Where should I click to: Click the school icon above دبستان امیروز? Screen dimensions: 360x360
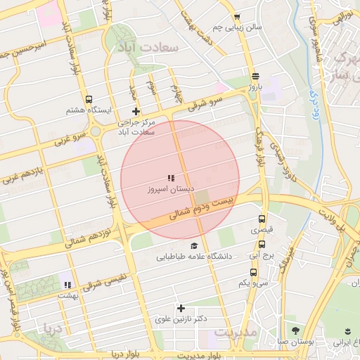170,179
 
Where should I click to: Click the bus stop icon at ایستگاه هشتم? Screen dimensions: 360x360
89,100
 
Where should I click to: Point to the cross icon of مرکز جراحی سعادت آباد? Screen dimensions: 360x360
136,112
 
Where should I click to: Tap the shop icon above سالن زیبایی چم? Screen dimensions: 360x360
237,18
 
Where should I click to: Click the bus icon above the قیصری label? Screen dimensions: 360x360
262,219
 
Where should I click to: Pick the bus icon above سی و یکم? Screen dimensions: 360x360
253,272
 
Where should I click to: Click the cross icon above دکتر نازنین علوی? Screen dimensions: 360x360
181,308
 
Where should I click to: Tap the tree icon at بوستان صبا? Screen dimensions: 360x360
295,330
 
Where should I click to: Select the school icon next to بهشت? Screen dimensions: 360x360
67,285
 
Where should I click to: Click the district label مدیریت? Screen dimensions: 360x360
236,331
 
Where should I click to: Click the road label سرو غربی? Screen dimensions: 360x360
75,137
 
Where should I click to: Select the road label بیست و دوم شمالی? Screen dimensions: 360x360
202,206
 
